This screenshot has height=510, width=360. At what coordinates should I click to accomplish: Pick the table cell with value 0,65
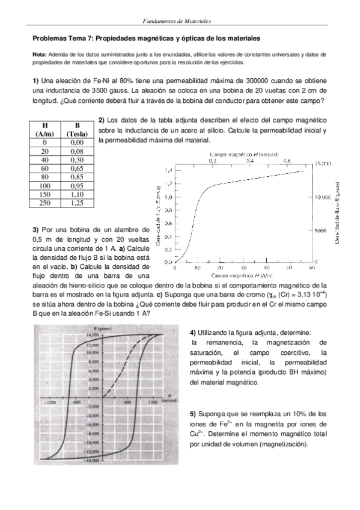(76, 170)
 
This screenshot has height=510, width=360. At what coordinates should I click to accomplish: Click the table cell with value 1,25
(76, 204)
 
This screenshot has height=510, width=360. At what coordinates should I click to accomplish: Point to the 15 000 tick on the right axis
(323, 163)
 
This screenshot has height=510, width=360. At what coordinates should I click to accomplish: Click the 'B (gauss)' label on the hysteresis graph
(103, 329)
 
